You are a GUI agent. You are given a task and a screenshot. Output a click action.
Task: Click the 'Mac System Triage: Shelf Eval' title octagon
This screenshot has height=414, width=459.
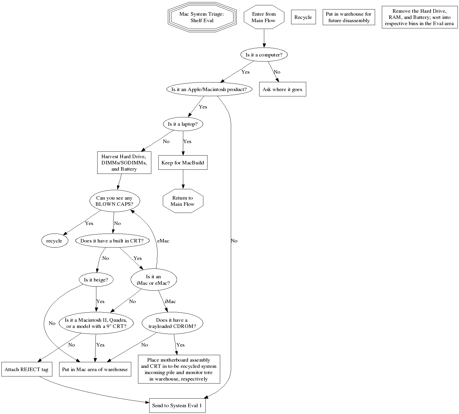(x=202, y=17)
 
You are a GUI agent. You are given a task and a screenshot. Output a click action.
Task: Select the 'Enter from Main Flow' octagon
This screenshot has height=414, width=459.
(x=264, y=17)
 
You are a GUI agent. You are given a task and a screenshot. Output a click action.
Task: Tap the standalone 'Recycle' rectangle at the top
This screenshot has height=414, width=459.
(x=303, y=17)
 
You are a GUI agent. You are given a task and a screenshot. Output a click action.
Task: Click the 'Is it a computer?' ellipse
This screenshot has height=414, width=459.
(x=264, y=55)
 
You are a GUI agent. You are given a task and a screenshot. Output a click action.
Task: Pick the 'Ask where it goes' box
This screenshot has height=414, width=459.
(x=282, y=89)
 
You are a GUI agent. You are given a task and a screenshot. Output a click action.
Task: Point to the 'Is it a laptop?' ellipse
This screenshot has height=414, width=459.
(x=183, y=124)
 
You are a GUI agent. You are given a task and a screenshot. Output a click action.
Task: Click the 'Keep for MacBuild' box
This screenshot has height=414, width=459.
(x=183, y=163)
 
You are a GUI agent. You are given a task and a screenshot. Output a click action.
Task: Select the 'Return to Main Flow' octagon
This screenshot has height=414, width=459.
(x=183, y=201)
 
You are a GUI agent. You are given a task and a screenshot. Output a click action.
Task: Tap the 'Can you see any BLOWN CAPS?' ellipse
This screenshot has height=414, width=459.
(x=114, y=201)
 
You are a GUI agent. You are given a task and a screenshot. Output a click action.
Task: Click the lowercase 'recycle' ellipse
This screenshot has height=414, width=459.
(x=54, y=241)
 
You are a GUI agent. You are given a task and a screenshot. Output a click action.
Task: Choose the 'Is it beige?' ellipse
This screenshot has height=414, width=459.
(x=96, y=280)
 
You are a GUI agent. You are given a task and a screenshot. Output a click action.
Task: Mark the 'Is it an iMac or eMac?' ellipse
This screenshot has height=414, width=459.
(x=153, y=280)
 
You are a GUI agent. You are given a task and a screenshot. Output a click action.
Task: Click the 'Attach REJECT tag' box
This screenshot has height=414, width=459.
(x=27, y=369)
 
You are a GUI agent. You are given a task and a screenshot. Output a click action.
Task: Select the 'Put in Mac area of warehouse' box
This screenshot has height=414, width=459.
(x=95, y=369)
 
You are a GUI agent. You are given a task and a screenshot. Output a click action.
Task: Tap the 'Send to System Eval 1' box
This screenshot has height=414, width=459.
(x=177, y=405)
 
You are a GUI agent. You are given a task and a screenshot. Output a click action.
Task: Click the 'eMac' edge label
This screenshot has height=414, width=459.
(x=163, y=241)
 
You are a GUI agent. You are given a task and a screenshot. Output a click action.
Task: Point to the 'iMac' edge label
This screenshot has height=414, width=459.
(x=170, y=301)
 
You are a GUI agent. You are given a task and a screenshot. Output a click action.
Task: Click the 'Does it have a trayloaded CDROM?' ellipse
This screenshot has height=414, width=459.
(x=172, y=323)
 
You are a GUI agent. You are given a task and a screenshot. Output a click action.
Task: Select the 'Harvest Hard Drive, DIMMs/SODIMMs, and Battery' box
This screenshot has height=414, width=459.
(x=124, y=163)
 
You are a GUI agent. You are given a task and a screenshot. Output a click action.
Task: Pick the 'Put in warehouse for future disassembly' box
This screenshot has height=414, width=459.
(x=349, y=17)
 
